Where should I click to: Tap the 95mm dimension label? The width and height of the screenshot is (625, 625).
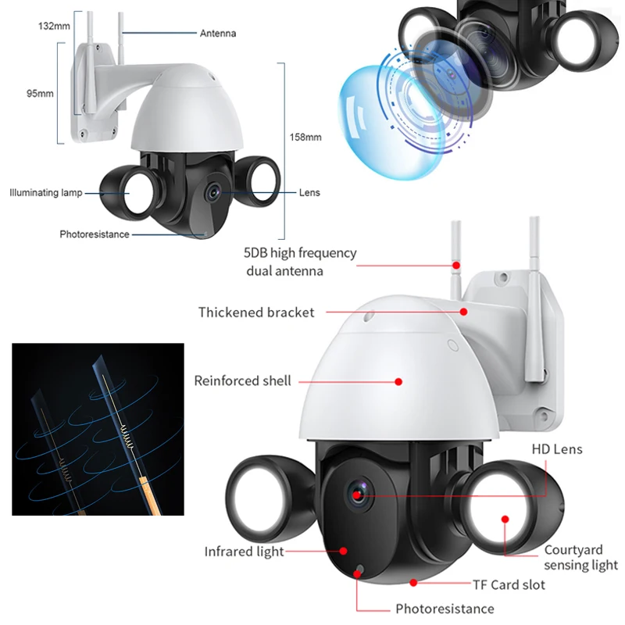click(x=40, y=93)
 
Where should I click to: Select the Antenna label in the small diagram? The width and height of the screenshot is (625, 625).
click(x=218, y=34)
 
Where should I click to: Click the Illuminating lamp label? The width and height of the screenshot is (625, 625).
click(x=45, y=192)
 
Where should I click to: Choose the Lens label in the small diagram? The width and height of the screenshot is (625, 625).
click(x=309, y=192)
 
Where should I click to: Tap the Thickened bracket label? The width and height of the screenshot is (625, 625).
click(x=256, y=312)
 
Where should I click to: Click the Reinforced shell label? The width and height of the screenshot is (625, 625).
click(x=242, y=381)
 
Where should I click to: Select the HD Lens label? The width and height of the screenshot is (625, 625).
click(x=557, y=449)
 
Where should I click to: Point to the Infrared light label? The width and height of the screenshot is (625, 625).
click(x=245, y=552)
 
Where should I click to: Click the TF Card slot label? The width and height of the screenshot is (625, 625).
click(x=509, y=584)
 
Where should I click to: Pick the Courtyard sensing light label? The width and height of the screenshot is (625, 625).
click(x=580, y=558)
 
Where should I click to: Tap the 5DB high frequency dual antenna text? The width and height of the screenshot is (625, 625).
click(x=300, y=262)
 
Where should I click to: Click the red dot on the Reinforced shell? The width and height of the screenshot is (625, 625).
click(x=398, y=382)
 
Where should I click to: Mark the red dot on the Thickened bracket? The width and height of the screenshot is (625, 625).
click(x=464, y=312)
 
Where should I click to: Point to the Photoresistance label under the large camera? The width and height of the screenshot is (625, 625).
click(x=445, y=609)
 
